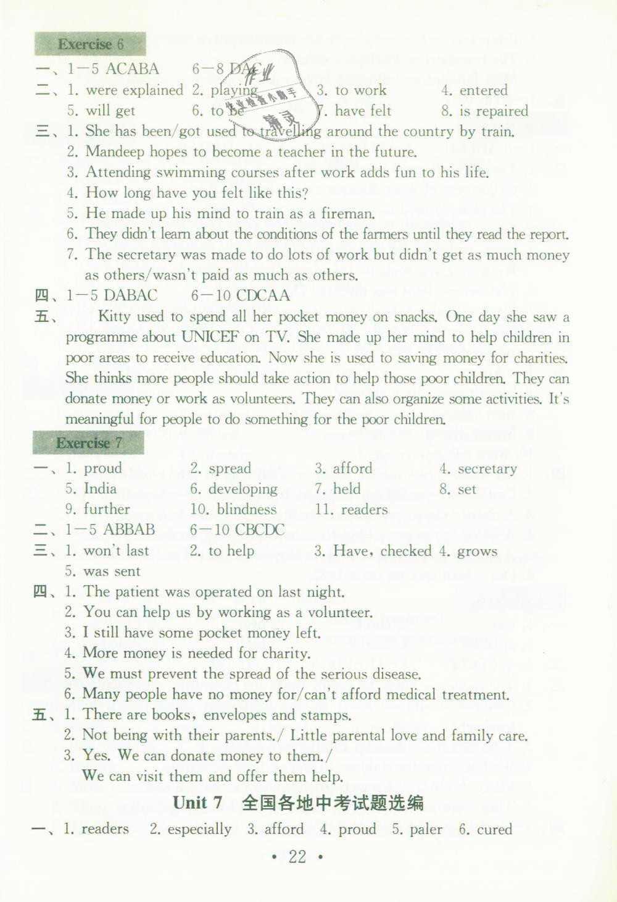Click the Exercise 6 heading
(90, 44)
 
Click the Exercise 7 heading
(89, 443)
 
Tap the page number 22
(297, 856)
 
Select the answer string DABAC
(130, 295)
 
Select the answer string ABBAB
(129, 530)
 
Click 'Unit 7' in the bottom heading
(197, 803)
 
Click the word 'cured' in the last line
(494, 829)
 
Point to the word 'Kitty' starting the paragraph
(114, 317)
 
